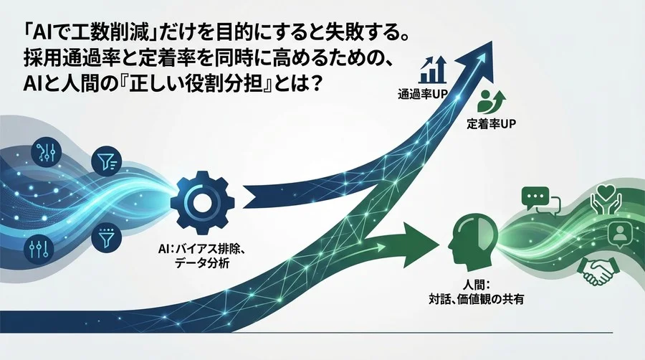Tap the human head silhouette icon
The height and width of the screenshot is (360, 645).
point(467,240)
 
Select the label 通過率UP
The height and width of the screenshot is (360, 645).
point(422,93)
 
